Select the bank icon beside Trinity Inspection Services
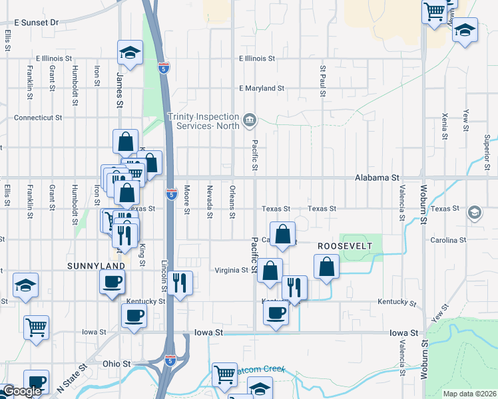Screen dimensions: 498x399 [249, 120]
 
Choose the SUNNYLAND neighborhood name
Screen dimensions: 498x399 [96, 266]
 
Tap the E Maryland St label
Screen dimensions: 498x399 [262, 88]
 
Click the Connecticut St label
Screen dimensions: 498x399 [39, 117]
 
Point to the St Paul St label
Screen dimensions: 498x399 [323, 80]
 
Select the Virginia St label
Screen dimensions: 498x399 [231, 271]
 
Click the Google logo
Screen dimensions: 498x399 [22, 391]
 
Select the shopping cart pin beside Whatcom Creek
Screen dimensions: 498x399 [224, 374]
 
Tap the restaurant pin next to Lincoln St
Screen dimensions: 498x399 [180, 283]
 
